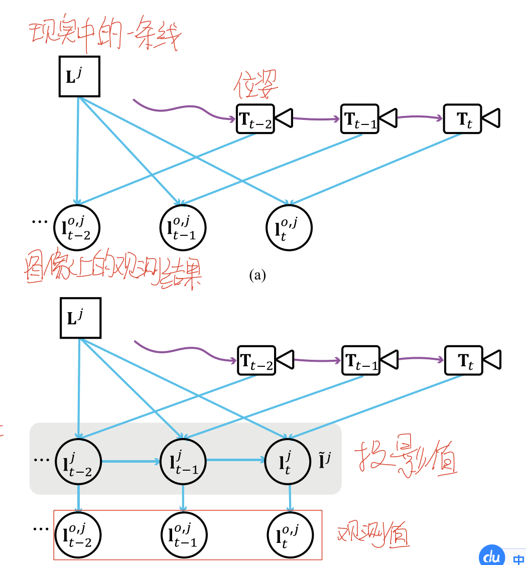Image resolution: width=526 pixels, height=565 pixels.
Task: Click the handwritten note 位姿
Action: coord(256,86)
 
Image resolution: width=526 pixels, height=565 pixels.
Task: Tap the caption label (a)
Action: coord(257,275)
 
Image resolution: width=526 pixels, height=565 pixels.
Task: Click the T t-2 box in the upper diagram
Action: coord(255,119)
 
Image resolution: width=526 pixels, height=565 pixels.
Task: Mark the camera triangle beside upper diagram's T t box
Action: coord(491,118)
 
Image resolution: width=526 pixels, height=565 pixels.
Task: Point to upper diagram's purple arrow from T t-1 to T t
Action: coord(420,118)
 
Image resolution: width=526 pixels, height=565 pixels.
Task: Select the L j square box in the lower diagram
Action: coord(80,318)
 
